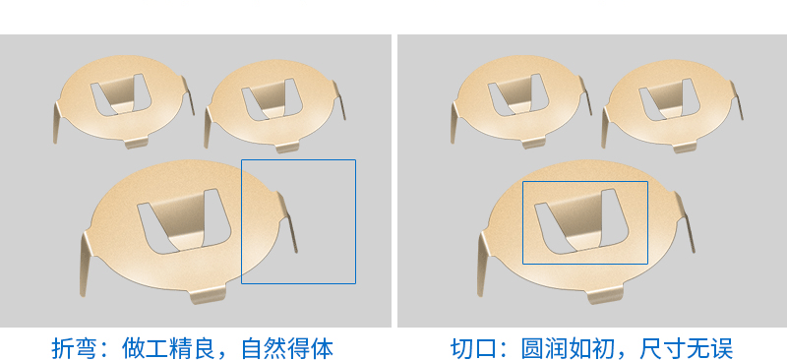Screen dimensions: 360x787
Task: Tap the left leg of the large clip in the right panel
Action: (x=485, y=261)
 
